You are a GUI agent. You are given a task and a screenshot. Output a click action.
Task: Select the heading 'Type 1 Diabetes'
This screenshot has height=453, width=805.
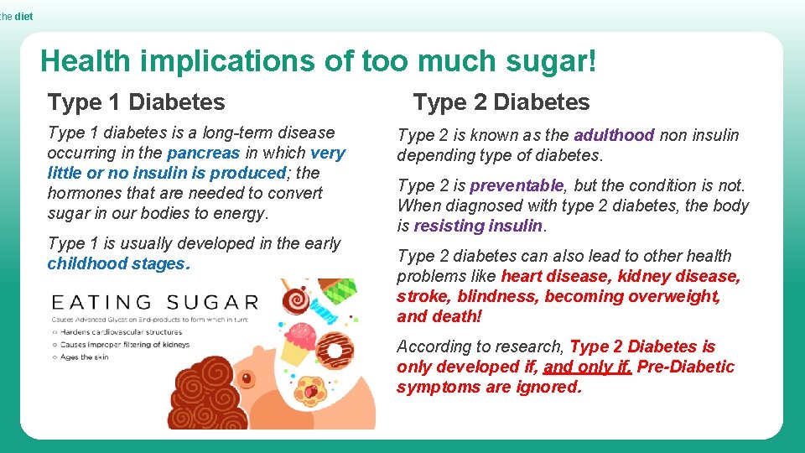137,102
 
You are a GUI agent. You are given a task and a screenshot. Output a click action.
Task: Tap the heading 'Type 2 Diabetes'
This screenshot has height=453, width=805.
501,102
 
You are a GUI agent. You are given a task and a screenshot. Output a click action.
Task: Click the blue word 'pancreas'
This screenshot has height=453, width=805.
204,153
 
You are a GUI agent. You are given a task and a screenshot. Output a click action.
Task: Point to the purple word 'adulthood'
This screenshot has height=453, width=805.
614,135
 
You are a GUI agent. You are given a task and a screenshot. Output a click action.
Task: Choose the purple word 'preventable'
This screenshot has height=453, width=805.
517,185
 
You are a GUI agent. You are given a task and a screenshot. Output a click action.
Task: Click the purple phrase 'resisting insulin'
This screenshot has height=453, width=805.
479,226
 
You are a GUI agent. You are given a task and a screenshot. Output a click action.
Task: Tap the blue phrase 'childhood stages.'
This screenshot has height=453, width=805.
119,263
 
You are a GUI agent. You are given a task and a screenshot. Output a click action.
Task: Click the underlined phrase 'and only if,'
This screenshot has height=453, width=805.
588,367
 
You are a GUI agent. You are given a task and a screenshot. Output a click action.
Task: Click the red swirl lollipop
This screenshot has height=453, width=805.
294,301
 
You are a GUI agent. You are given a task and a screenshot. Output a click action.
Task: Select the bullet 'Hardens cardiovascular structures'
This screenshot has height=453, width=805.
122,332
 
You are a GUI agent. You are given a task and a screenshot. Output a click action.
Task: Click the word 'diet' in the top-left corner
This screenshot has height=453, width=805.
23,16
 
